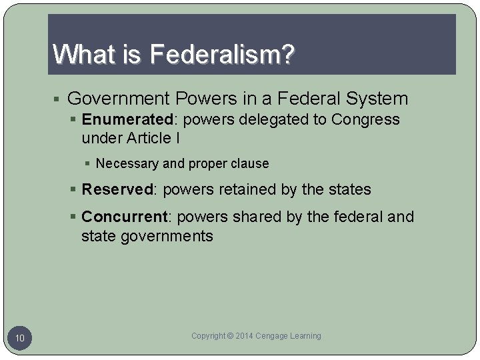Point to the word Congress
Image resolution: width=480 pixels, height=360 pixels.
(366, 119)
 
